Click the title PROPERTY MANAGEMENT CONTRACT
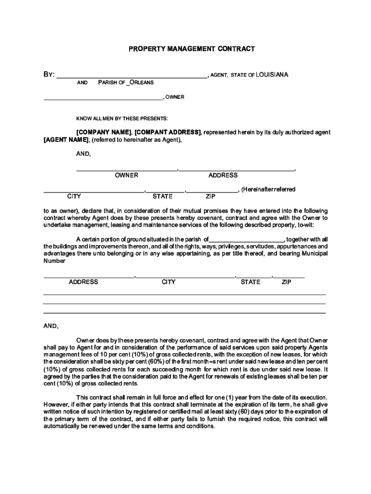tap(191, 49)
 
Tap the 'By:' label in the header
tap(49, 75)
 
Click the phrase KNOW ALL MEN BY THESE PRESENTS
tap(122, 118)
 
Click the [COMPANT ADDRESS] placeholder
tap(168, 132)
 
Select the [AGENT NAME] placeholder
tap(66, 140)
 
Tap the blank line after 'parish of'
tap(246, 240)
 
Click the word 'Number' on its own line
tap(54, 261)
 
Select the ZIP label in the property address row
tap(287, 282)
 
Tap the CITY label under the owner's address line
tap(74, 196)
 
